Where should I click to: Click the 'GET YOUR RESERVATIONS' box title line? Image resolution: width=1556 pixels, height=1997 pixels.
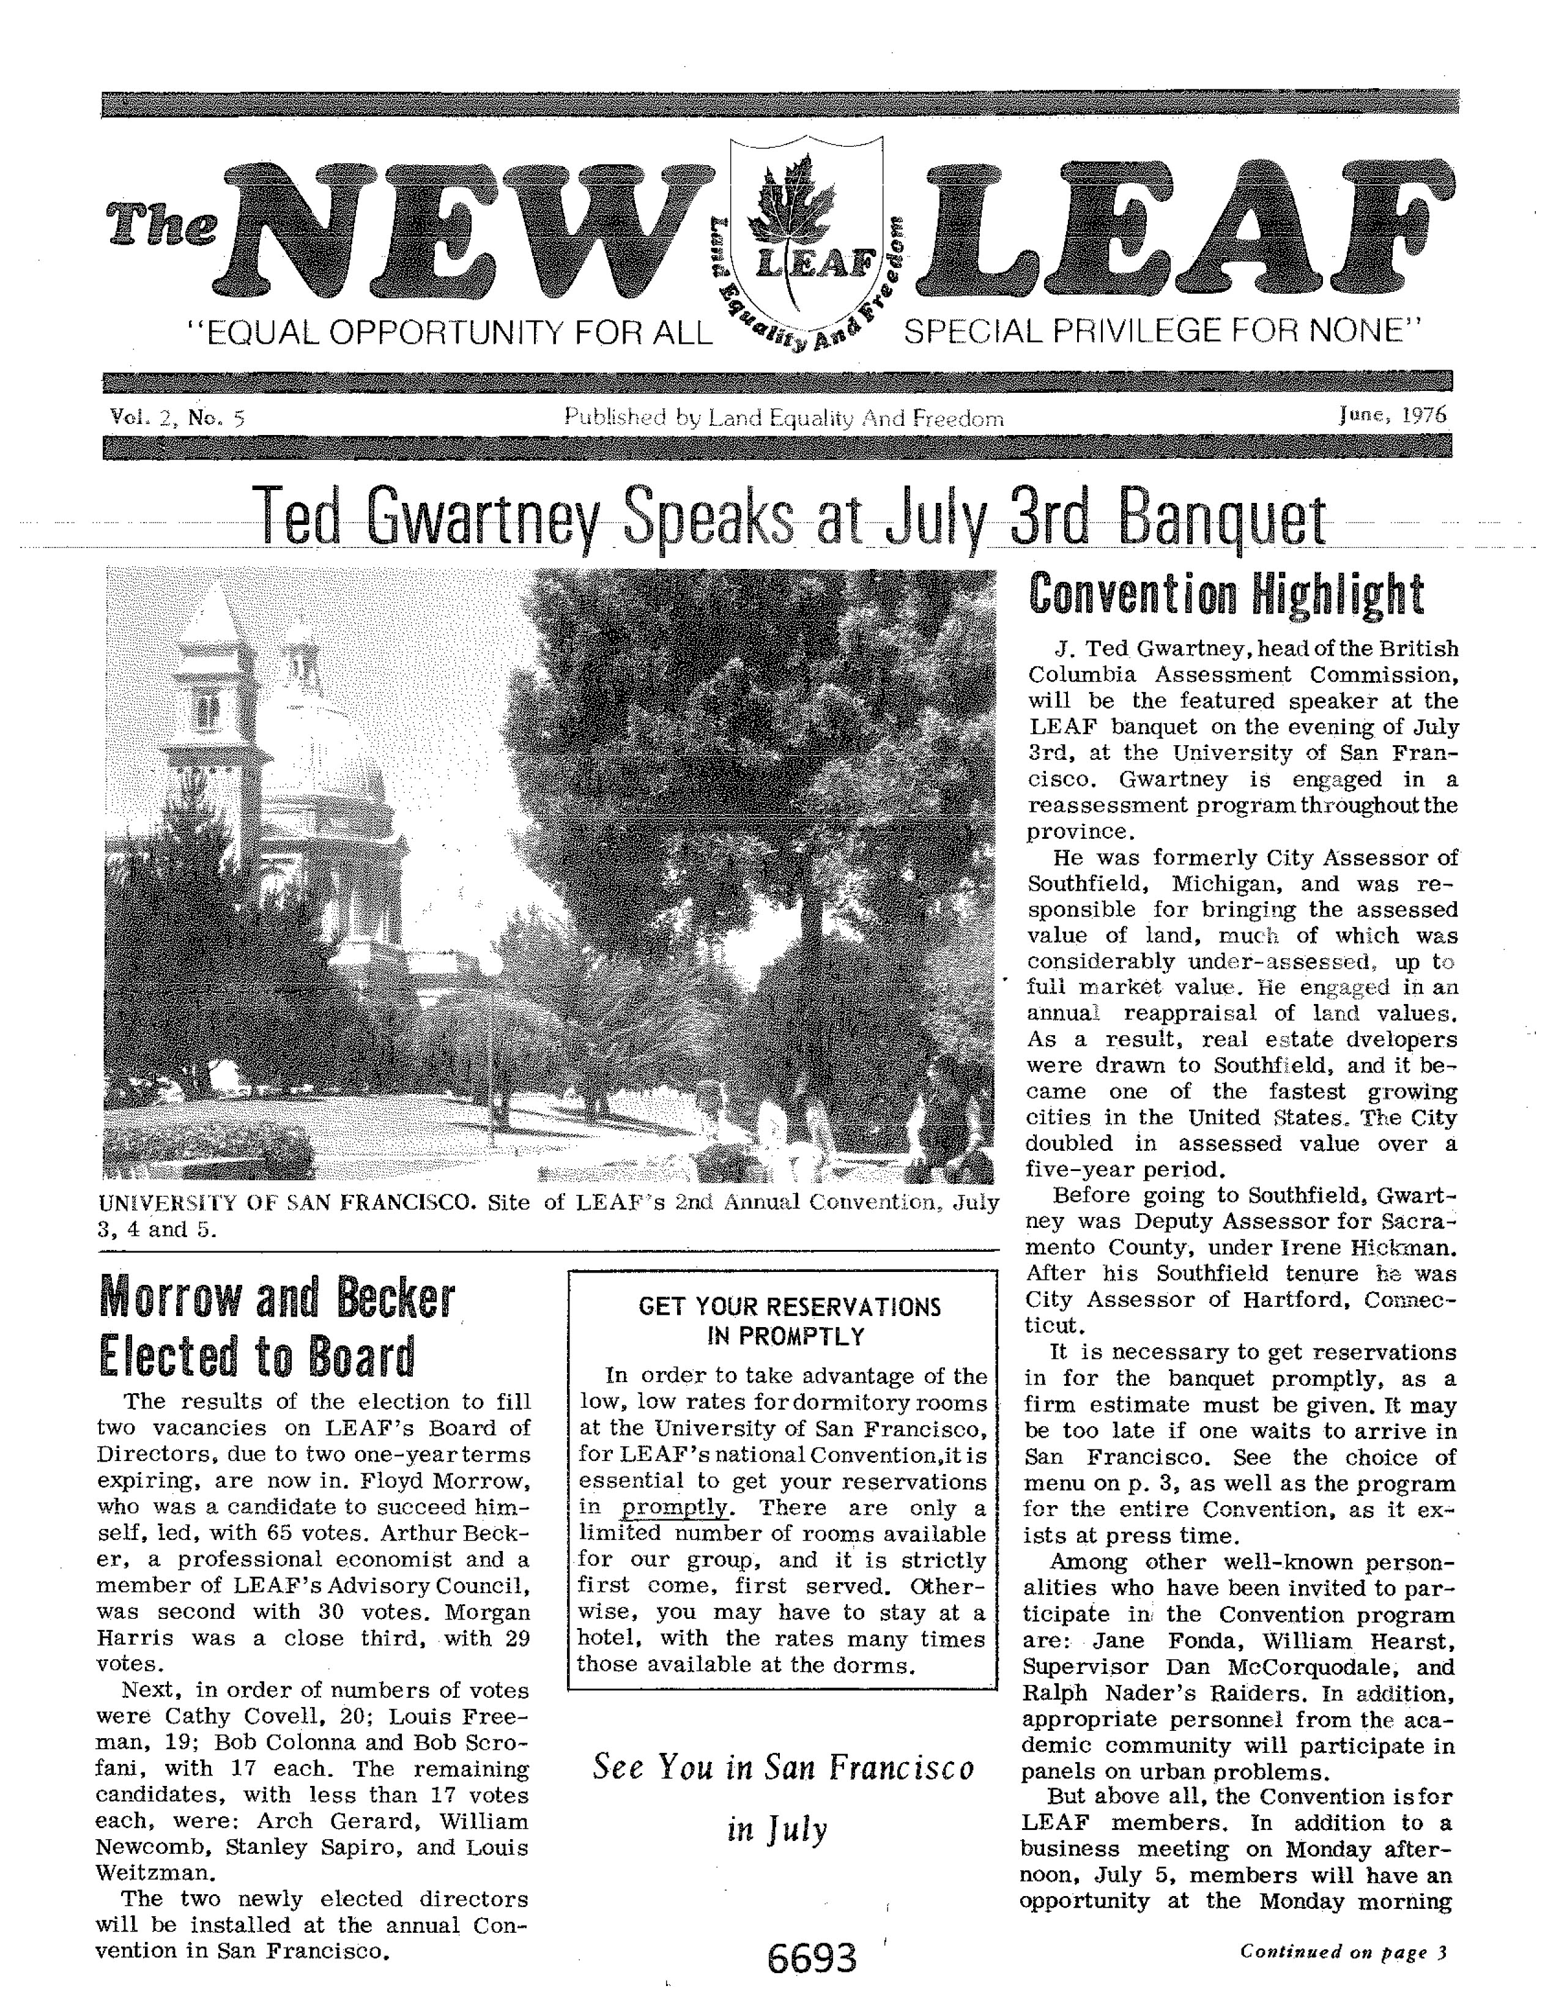click(x=790, y=1306)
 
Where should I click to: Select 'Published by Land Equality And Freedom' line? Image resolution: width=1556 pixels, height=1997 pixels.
click(x=784, y=418)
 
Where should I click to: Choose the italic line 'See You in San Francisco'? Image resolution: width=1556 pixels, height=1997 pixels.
click(x=784, y=1766)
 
